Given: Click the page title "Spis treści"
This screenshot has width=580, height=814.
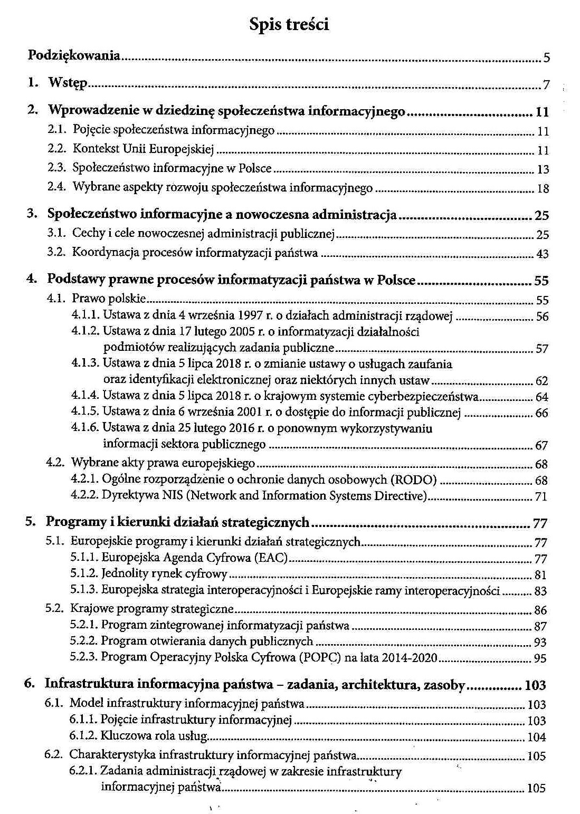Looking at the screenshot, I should click(x=289, y=24).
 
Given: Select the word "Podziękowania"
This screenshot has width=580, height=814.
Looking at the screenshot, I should click(x=74, y=55).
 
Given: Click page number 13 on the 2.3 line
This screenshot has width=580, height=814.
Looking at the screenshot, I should click(x=543, y=169).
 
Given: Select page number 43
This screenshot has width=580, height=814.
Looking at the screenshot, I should click(x=542, y=254).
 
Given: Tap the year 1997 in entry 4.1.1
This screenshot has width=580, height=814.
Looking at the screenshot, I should click(x=251, y=315).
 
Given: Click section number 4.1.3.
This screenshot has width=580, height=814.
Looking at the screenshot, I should click(x=85, y=363).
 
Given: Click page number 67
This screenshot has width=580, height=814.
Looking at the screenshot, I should click(x=541, y=446).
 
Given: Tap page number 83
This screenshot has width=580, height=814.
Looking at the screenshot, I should click(x=540, y=591).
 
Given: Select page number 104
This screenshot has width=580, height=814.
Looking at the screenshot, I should click(x=536, y=737).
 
